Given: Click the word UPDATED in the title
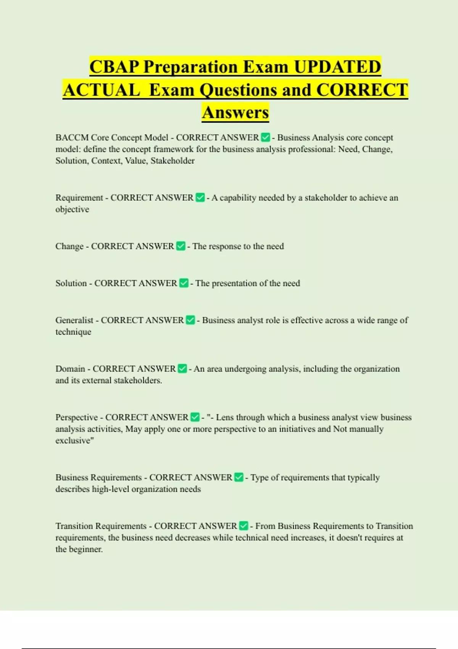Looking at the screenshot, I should [337, 67].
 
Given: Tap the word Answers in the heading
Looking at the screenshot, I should [235, 113].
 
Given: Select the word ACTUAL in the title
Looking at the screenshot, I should [102, 90].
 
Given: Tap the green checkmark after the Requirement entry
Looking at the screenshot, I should [200, 197].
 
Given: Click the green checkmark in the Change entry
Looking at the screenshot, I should [181, 246].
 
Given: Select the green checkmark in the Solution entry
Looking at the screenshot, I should [184, 283].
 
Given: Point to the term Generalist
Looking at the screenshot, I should [74, 320].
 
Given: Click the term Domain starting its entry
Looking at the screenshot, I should [70, 369].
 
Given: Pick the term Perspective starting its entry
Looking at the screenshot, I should [76, 417].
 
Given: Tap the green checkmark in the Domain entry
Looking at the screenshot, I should [182, 368].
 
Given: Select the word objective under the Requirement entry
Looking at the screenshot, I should [72, 209].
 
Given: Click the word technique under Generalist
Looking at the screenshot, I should [73, 332].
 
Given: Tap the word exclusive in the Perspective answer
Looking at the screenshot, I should [73, 441].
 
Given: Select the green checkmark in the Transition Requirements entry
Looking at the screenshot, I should [244, 526].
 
